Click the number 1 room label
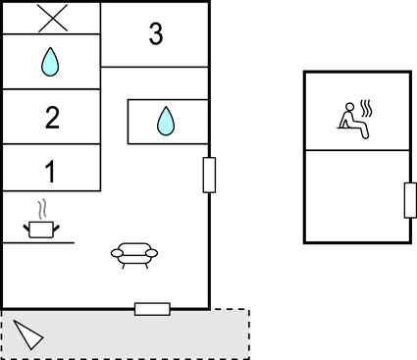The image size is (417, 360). pyautogui.click(x=50, y=172)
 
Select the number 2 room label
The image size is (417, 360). pyautogui.click(x=51, y=118)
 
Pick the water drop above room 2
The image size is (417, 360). pyautogui.click(x=50, y=63)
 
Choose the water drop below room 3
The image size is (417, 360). pyautogui.click(x=166, y=122)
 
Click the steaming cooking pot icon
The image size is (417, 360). pyautogui.click(x=40, y=228)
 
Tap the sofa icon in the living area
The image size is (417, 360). pyautogui.click(x=132, y=254)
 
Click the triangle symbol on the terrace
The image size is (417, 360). pyautogui.click(x=28, y=336)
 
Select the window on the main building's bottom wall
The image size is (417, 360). pyautogui.click(x=152, y=309)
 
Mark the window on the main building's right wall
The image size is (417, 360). pyautogui.click(x=209, y=175)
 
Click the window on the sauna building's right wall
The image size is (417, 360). pyautogui.click(x=410, y=200)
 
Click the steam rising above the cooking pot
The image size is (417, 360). pyautogui.click(x=40, y=209)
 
